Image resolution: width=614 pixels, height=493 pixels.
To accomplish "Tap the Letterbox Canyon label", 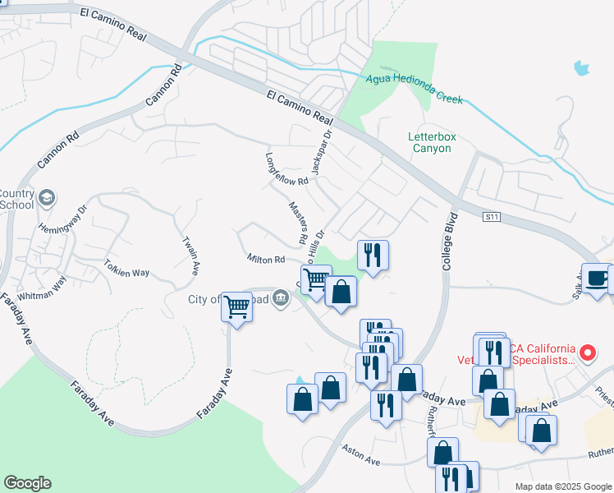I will click(430, 142).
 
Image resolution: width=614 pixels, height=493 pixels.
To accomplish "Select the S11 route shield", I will click(492, 216).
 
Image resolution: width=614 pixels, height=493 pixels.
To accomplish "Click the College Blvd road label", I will click(447, 243).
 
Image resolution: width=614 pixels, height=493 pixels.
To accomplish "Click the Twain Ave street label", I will click(190, 255).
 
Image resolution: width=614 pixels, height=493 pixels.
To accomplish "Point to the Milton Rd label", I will click(266, 259).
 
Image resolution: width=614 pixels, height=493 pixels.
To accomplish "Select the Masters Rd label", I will click(297, 223).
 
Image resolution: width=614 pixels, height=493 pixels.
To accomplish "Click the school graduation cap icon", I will click(47, 198).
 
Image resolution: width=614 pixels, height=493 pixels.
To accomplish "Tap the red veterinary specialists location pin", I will click(587, 353).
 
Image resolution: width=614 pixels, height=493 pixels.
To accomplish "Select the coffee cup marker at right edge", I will click(598, 277).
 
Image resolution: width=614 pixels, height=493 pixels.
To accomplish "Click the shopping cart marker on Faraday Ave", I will click(237, 308).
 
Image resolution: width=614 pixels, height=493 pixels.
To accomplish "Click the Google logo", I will click(27, 483).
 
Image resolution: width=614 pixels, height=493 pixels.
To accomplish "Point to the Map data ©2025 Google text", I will click(562, 486).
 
